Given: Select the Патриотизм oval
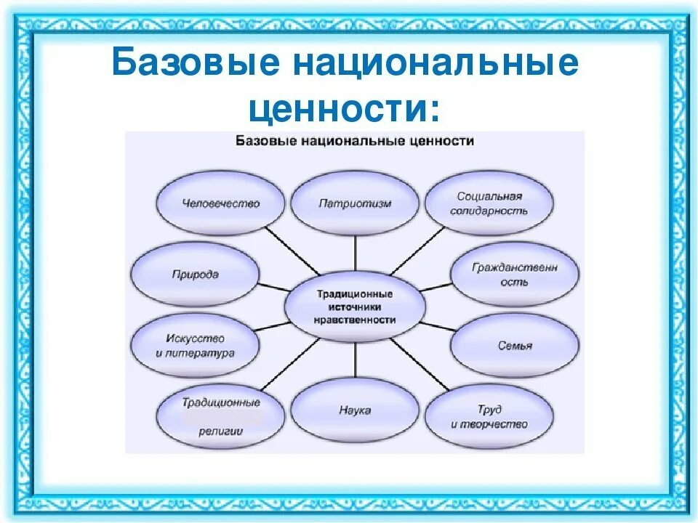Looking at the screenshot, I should pyautogui.click(x=355, y=203).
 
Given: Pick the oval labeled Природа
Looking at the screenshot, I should pyautogui.click(x=196, y=275).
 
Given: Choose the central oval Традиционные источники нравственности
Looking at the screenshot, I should pyautogui.click(x=355, y=307).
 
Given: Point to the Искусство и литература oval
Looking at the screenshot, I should pyautogui.click(x=196, y=346).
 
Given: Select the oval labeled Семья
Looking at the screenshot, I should pyautogui.click(x=515, y=346).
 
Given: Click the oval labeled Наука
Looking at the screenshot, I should pyautogui.click(x=355, y=410).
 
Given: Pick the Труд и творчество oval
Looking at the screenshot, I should pyautogui.click(x=489, y=417).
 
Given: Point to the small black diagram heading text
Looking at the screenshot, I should pyautogui.click(x=355, y=141).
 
